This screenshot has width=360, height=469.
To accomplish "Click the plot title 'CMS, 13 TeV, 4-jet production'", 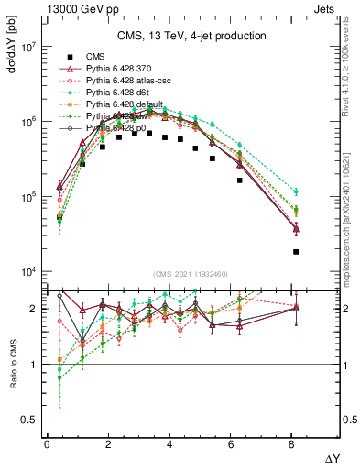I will (191, 36).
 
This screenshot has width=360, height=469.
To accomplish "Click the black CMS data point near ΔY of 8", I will (296, 251).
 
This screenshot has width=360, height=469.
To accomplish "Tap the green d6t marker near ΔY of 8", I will (296, 191).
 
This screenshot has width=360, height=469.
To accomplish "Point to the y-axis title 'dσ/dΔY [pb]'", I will (10, 55).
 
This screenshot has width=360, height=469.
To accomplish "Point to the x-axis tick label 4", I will (171, 444).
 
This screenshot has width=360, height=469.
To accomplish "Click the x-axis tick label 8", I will (295, 444).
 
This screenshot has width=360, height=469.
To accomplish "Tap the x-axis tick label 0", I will (47, 444).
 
